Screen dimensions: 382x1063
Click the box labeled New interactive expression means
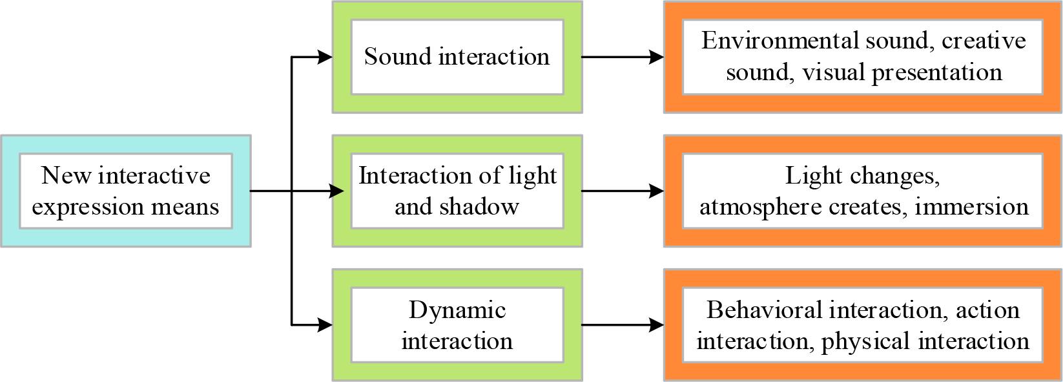pos(125,191)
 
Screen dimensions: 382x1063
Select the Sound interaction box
pos(457,57)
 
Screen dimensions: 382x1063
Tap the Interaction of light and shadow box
pos(457,191)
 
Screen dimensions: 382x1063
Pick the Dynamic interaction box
pos(457,325)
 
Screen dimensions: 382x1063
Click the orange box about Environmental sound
pos(863,57)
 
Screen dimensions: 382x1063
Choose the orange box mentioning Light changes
pos(863,191)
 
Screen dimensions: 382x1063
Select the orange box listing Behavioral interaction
pos(863,325)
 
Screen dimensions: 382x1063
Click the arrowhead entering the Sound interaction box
pos(325,57)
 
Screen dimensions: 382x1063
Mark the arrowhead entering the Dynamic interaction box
pos(325,325)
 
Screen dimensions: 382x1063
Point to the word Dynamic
pos(457,310)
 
